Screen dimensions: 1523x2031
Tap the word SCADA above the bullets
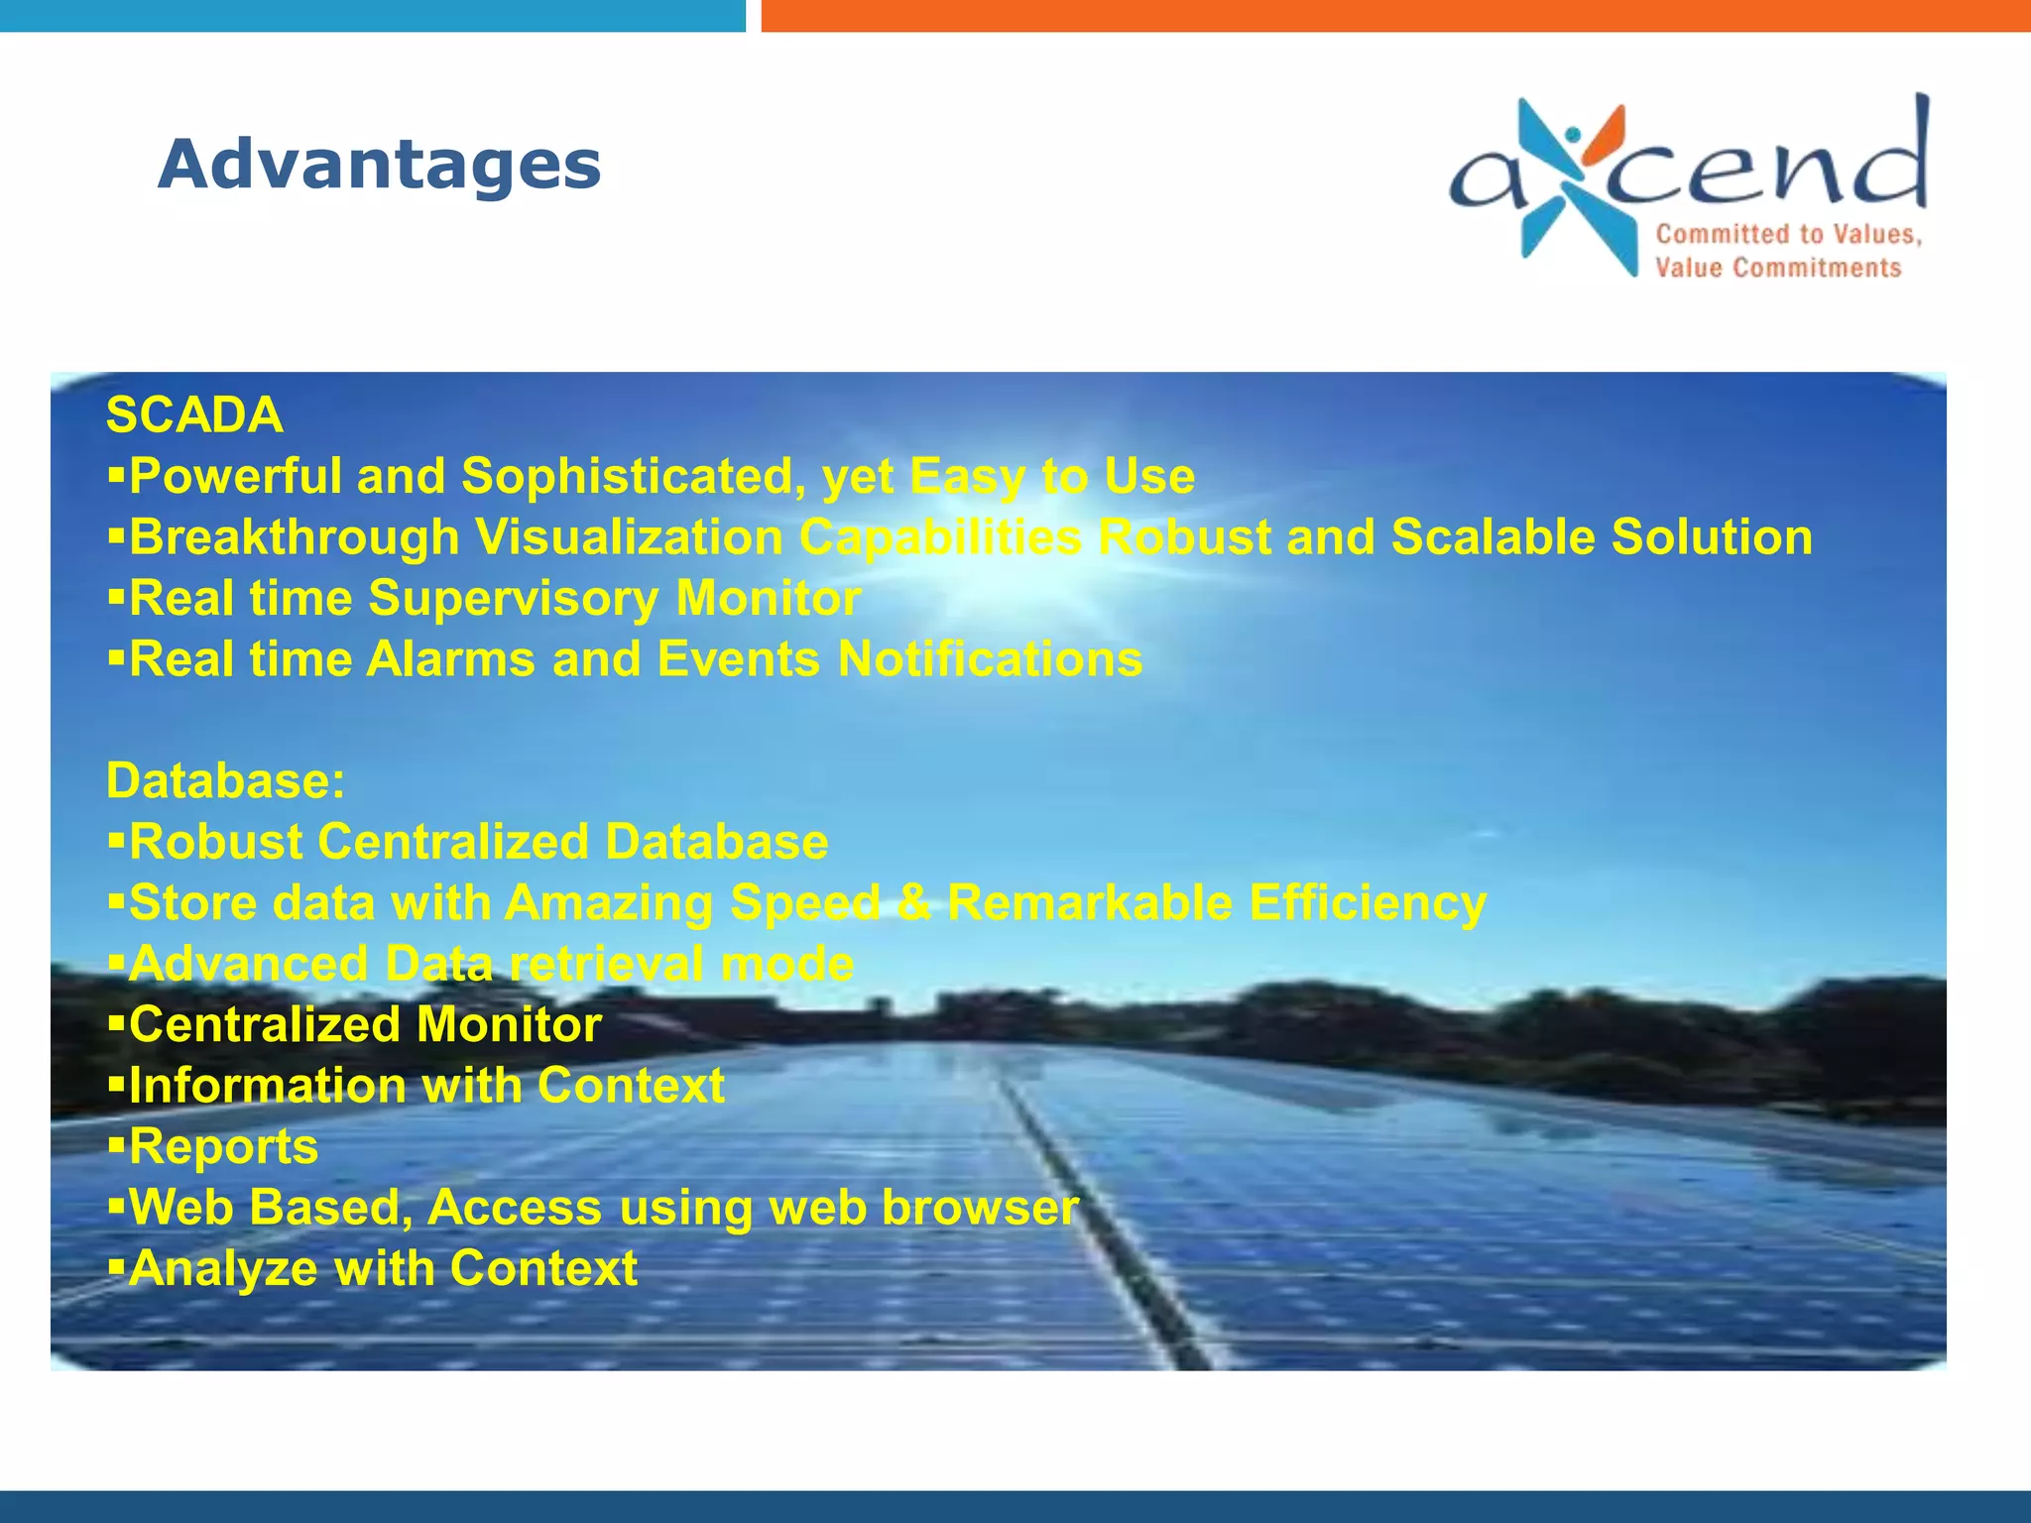(194, 414)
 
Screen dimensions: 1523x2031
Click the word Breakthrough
(295, 537)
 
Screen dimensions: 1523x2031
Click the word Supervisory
(513, 599)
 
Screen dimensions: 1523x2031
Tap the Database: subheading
(226, 780)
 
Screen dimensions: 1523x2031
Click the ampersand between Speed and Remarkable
(913, 902)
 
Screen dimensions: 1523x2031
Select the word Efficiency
(1368, 902)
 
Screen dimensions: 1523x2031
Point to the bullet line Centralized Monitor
(365, 1024)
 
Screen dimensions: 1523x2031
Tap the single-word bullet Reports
(223, 1146)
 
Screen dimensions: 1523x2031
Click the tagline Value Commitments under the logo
(1777, 268)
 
